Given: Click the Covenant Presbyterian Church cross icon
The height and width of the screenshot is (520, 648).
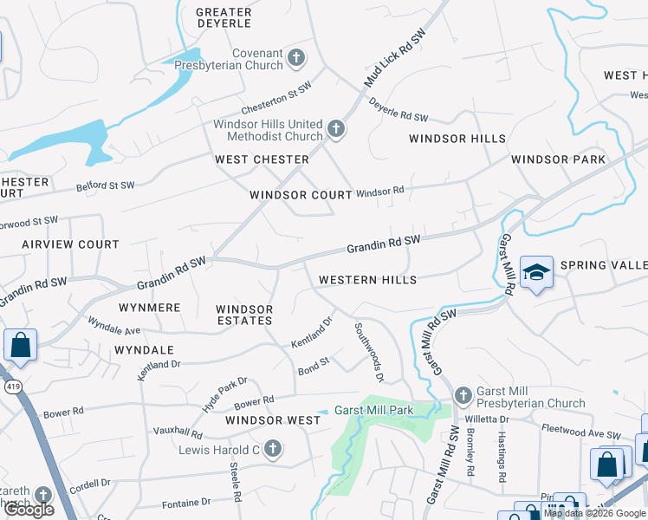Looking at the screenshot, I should (296, 58).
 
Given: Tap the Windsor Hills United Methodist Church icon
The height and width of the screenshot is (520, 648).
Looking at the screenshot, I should (336, 131).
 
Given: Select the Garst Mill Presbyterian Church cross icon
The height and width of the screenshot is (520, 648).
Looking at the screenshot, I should (463, 395).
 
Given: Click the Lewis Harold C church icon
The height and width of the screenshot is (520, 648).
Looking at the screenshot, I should (273, 449).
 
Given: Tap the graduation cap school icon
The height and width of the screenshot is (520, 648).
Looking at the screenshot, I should (536, 273).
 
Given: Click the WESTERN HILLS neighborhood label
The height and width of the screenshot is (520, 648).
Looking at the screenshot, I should (367, 280).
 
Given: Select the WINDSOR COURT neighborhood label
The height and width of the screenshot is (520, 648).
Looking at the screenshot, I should (301, 195).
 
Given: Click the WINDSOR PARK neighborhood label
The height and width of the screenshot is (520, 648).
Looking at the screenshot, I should (558, 159).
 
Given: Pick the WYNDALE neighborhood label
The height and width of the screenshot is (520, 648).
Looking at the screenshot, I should (144, 350).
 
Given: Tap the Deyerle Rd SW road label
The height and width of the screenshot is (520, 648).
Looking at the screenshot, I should (399, 111).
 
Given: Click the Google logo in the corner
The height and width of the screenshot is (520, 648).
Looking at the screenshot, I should (29, 510).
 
